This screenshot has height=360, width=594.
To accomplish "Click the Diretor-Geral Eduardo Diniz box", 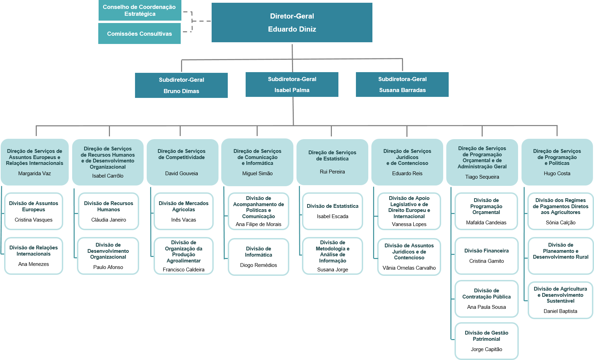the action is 292,23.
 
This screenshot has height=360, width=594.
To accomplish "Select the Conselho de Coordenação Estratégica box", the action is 140,10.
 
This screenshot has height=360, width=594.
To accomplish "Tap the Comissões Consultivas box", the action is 139,34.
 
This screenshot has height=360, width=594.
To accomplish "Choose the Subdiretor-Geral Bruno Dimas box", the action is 181,85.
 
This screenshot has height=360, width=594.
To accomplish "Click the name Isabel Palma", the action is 292,90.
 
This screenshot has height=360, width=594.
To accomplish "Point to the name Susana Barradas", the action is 402,90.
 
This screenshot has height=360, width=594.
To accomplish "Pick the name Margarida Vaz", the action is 34,173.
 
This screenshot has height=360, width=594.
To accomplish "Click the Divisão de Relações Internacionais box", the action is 34,256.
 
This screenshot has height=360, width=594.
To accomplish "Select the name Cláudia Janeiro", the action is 109,220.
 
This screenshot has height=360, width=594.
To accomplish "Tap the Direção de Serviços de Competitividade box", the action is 182,162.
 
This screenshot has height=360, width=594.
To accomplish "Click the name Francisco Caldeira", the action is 183,270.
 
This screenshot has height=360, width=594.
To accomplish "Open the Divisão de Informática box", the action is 258,257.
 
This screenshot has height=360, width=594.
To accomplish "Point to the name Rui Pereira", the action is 332,172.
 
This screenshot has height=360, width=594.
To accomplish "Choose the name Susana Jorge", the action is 333,270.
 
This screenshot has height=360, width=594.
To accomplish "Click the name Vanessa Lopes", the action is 409,224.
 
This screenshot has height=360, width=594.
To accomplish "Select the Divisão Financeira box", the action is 486,256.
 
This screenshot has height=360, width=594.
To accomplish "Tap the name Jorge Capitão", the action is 486,349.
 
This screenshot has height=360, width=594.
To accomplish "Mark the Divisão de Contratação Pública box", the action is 486,299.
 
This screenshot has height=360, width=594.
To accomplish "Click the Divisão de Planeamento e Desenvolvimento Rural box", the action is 561,256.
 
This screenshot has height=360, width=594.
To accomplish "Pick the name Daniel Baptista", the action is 560,311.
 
